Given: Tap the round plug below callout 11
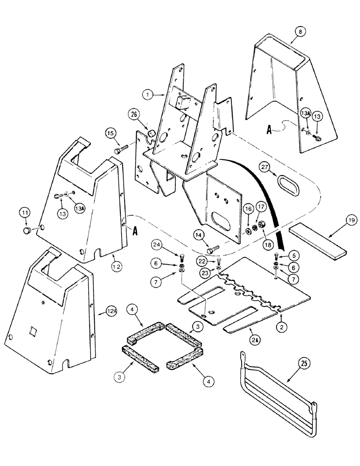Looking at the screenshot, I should pos(27,230).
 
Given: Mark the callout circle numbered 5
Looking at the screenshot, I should pos(292,255).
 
